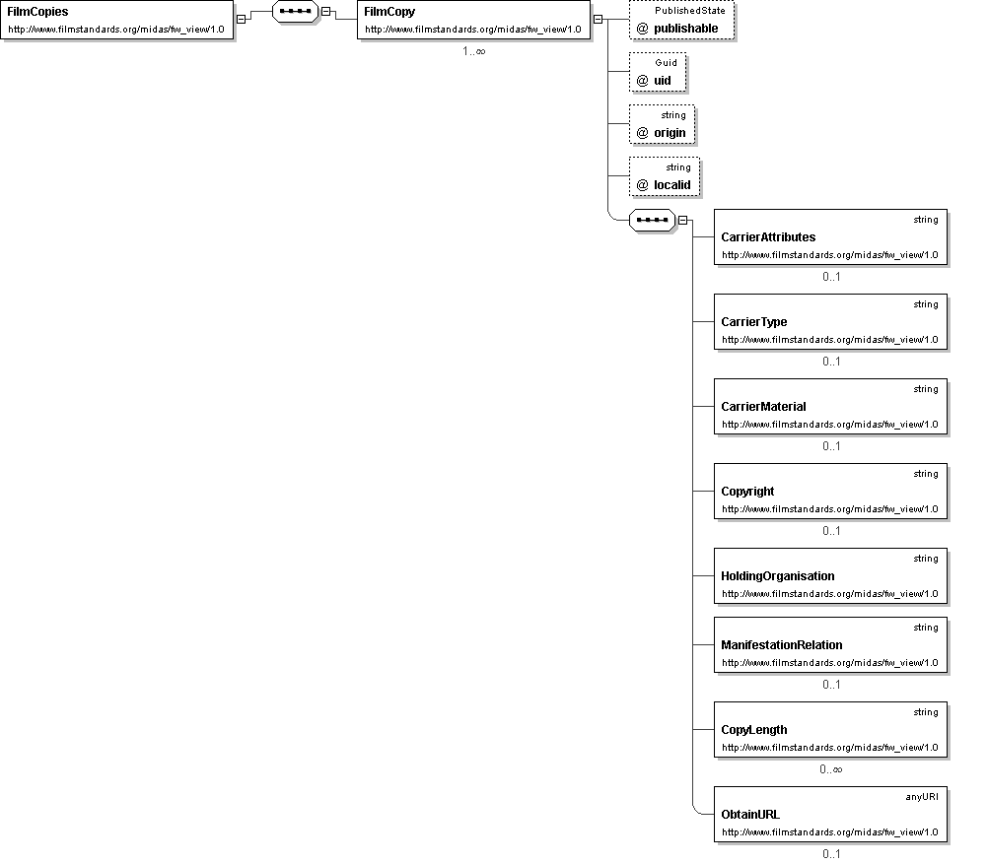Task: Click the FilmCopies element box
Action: [117, 20]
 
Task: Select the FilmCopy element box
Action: [474, 20]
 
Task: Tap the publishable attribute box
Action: [681, 20]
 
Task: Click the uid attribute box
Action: [658, 72]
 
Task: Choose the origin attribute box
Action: [662, 125]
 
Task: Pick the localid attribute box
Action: [665, 177]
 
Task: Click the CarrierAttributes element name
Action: [768, 237]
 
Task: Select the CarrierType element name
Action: [753, 322]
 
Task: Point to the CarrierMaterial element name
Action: [763, 407]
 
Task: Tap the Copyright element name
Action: [747, 492]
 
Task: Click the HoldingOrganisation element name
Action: [778, 576]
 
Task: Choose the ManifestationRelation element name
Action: [781, 645]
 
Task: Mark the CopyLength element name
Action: [753, 730]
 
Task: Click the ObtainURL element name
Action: [749, 815]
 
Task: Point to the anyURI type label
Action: [922, 797]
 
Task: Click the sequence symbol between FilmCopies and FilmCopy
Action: [296, 12]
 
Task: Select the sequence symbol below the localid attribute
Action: [652, 220]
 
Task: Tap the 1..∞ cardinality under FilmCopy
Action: [474, 51]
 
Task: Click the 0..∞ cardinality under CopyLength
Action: [830, 769]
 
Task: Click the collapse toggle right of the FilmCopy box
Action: [598, 20]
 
